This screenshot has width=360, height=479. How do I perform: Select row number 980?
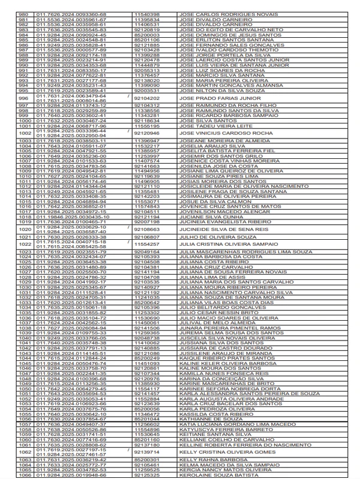24,14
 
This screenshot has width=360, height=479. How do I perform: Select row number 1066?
24,475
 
